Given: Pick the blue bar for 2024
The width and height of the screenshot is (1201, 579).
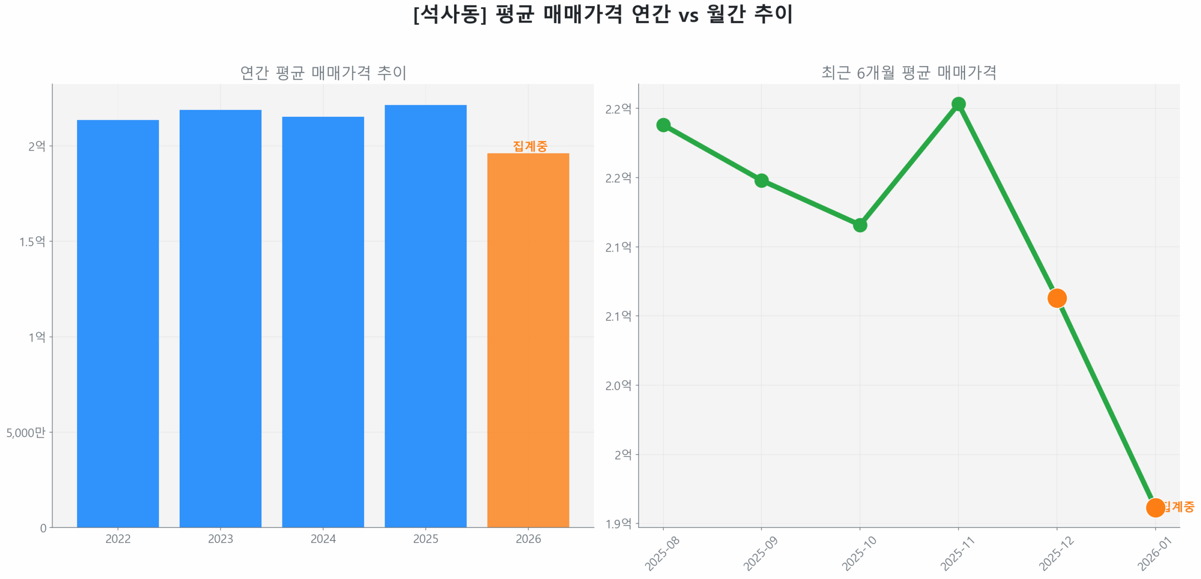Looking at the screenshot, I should click(x=323, y=321).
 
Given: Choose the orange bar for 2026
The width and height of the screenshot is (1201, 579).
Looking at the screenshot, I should click(x=528, y=340).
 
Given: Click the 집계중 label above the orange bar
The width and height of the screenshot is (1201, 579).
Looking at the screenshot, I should click(x=530, y=146).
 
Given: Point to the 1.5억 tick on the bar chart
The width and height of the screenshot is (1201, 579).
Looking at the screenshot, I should click(x=32, y=242).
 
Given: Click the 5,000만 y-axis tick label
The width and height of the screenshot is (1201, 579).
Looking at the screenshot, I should click(x=26, y=432).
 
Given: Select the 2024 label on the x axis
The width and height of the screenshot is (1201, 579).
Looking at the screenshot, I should click(x=323, y=539).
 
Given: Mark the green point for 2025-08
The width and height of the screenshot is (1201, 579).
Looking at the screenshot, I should click(x=663, y=125).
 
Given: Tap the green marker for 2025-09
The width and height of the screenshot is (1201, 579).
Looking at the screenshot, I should click(x=761, y=181).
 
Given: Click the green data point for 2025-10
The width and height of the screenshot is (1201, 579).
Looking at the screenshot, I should click(x=859, y=225).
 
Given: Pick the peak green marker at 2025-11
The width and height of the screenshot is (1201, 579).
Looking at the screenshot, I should click(x=958, y=104).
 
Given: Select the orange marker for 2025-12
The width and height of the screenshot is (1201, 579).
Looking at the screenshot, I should click(x=1057, y=298).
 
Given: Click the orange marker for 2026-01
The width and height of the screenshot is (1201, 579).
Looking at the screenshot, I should click(x=1155, y=507).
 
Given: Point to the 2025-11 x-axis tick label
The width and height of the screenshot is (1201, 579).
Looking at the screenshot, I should click(x=957, y=554).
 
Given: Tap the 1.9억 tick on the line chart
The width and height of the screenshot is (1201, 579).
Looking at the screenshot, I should click(x=618, y=524).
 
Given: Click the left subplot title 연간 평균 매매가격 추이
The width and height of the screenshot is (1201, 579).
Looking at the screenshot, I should click(x=323, y=73).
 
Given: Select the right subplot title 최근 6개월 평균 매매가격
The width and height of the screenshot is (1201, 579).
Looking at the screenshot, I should click(x=908, y=73).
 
